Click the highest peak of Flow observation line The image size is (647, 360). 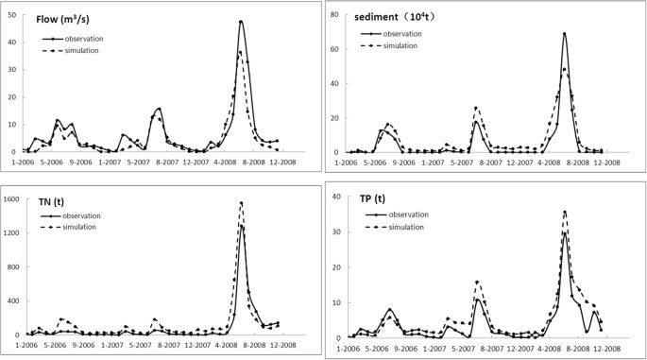[x=241, y=21]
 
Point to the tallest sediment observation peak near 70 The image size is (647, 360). [x=564, y=34]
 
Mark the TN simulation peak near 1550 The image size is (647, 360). [x=241, y=202]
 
